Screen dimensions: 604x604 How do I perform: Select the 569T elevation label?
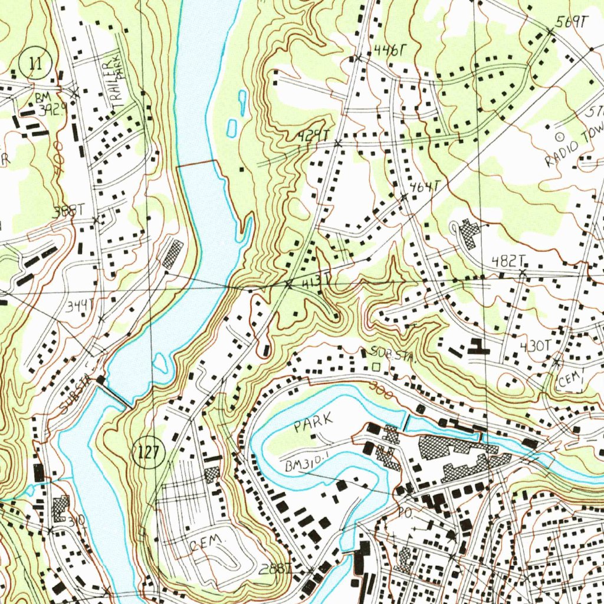[x=572, y=22]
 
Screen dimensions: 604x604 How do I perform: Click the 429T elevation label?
[x=312, y=137]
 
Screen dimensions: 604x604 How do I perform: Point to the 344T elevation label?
[x=80, y=306]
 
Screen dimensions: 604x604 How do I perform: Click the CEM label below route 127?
[x=208, y=541]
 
